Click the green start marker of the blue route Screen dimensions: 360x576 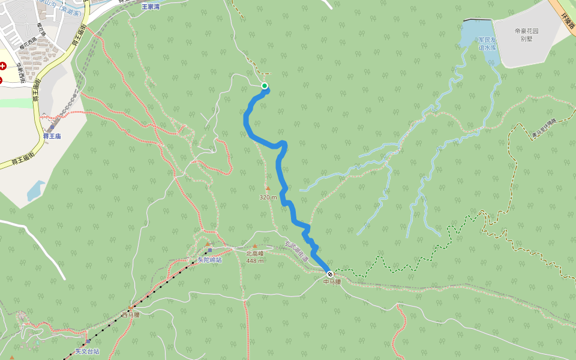click(x=264, y=86)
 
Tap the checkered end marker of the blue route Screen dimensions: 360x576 click(x=330, y=274)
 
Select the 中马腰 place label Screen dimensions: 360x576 click(x=332, y=281)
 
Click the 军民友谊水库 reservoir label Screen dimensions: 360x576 click(x=487, y=43)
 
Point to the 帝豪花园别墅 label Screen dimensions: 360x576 click(x=527, y=34)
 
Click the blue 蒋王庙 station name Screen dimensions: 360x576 click(x=52, y=136)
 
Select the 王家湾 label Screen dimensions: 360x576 click(x=151, y=7)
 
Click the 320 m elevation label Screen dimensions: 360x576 click(x=268, y=197)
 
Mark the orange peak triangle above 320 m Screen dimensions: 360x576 click(x=268, y=188)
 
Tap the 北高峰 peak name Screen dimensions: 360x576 click(x=255, y=253)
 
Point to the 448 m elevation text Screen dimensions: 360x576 click(x=255, y=260)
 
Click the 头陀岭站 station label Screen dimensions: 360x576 click(x=209, y=260)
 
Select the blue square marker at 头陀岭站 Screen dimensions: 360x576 click(x=210, y=250)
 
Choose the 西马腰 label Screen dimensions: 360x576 click(x=130, y=314)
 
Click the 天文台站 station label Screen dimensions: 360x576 click(x=87, y=351)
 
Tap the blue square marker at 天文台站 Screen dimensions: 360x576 click(x=88, y=341)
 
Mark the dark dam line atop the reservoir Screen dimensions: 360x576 click(x=478, y=20)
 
